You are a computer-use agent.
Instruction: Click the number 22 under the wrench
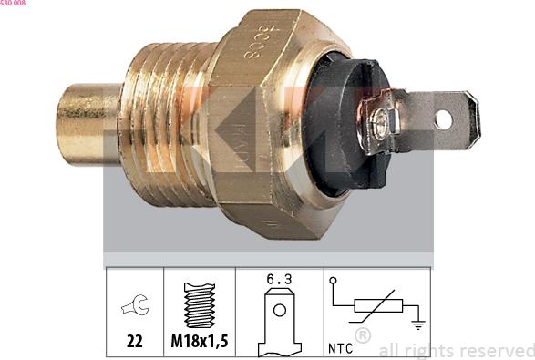point(134,342)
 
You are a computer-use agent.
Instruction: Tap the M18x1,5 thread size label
point(200,342)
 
